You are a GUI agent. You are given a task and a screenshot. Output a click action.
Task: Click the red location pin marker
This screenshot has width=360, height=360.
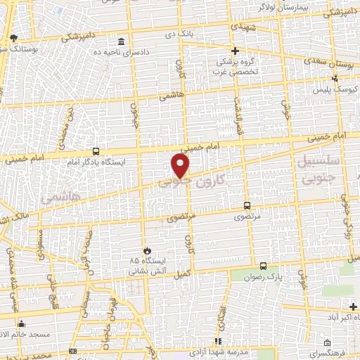[181, 166]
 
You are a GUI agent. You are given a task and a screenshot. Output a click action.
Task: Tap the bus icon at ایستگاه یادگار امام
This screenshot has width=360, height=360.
[96, 151]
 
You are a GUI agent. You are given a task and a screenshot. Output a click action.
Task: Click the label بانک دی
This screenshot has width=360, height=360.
[198, 32]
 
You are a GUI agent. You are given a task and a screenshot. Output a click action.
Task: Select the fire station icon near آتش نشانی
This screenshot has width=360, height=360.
[147, 250]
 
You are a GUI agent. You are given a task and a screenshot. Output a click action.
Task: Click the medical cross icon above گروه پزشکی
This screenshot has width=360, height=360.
[236, 51]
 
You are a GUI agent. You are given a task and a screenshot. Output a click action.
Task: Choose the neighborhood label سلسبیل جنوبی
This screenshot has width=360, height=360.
[323, 172]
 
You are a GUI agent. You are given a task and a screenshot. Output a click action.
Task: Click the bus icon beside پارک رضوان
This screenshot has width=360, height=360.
[263, 266]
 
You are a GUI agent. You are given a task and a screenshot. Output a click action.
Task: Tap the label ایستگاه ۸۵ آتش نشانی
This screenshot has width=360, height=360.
[144, 266]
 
